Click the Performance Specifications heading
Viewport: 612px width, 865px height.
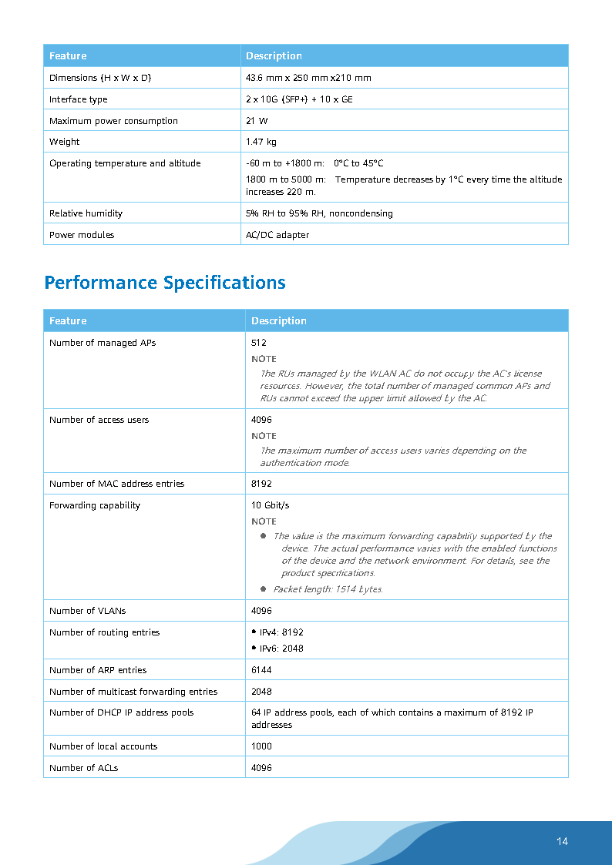[x=165, y=283]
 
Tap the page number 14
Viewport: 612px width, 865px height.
[x=562, y=841]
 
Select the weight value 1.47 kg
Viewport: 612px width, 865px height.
[x=261, y=142]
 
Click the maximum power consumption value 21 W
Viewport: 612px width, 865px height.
[x=257, y=121]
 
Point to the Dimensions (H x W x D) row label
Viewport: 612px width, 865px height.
[x=100, y=78]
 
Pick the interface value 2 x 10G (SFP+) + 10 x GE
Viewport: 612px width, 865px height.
[x=299, y=99]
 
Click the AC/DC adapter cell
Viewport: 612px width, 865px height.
[x=277, y=235]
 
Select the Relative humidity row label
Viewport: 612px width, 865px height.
[x=86, y=213]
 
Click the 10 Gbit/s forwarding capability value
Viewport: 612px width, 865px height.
[x=270, y=505]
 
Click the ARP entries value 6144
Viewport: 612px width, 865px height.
[x=261, y=670]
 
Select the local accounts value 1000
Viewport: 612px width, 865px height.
[x=261, y=746]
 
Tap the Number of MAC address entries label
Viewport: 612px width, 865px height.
[x=116, y=484]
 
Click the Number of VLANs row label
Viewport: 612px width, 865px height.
[x=87, y=611]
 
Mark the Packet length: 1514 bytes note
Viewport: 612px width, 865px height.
[x=328, y=589]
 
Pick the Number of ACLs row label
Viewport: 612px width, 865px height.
[x=83, y=768]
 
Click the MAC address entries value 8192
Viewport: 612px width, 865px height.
[x=261, y=484]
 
